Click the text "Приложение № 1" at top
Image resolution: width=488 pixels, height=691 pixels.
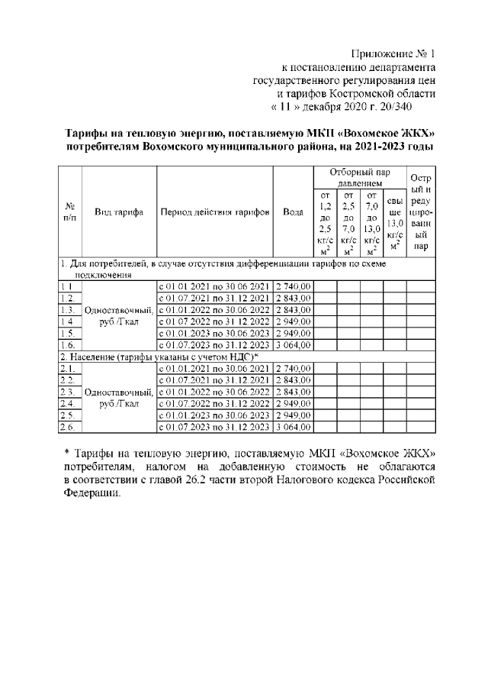click(393, 53)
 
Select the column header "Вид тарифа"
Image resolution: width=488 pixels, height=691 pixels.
click(119, 212)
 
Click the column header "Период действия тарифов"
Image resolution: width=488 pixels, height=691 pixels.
click(214, 212)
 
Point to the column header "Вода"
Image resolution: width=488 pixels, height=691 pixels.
click(293, 212)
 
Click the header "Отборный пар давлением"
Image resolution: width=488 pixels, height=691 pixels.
click(359, 178)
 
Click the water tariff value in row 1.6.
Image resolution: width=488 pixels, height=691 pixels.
click(294, 344)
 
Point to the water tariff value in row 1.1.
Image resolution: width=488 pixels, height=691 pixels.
click(294, 286)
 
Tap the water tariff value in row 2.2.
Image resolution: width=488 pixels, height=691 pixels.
click(294, 380)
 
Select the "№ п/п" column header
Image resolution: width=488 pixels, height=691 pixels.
click(69, 212)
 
